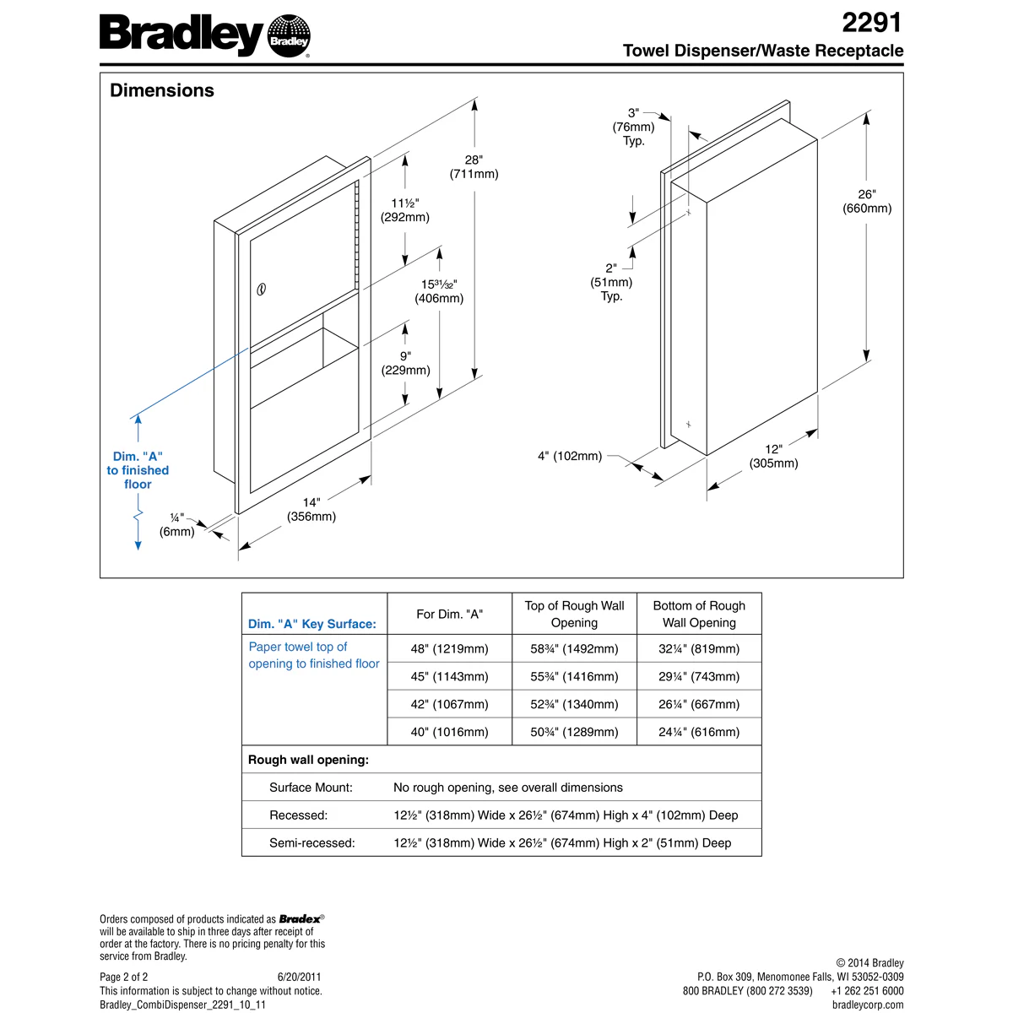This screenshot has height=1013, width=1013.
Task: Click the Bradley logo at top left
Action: (205, 36)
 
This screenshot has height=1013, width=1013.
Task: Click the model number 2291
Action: (872, 22)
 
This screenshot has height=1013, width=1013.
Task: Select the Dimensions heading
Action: (162, 90)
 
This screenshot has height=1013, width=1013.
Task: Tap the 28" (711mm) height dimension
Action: (474, 167)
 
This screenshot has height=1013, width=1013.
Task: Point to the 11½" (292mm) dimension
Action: (405, 210)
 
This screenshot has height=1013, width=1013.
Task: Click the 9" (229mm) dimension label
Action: (405, 363)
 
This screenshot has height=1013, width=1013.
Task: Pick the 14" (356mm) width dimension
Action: (311, 509)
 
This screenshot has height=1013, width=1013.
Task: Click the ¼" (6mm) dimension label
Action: (177, 524)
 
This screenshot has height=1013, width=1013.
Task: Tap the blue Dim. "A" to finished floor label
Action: (138, 470)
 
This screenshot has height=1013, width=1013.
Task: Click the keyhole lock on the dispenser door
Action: (261, 290)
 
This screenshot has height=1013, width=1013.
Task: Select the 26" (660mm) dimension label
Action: (867, 201)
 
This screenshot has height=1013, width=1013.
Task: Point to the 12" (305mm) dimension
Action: (773, 456)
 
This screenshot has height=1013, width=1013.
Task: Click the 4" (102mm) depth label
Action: (570, 456)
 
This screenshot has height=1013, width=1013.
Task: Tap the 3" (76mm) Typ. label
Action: (633, 127)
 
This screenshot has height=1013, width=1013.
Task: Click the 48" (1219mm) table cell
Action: (449, 648)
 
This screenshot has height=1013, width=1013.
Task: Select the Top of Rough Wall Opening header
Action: (574, 614)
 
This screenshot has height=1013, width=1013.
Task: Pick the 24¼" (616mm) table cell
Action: (699, 732)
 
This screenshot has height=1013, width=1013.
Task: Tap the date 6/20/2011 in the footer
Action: (299, 978)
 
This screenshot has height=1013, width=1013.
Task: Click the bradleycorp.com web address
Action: (867, 1005)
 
